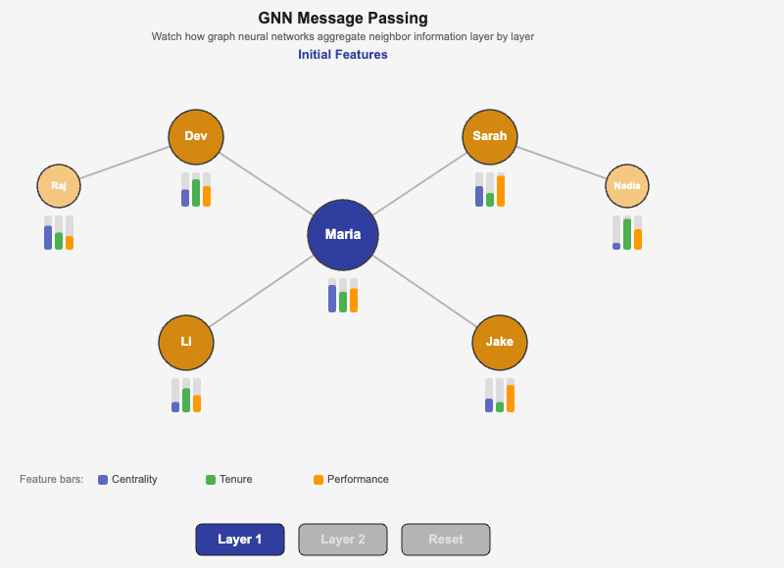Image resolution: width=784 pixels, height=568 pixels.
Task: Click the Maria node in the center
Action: (343, 235)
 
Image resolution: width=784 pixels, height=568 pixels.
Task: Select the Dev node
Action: (196, 136)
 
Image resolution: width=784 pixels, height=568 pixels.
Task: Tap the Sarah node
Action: (490, 136)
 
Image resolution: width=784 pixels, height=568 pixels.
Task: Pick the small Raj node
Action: (59, 185)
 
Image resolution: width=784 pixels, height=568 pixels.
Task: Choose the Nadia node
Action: (627, 185)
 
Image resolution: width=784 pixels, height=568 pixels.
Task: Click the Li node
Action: (186, 342)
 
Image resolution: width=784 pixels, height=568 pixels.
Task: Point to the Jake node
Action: (500, 342)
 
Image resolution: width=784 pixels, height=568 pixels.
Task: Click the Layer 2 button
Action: (343, 540)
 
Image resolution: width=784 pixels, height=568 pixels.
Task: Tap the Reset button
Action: (446, 540)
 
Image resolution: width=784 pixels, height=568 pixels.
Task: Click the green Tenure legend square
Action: (211, 480)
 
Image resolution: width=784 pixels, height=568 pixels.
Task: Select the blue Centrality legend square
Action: (103, 480)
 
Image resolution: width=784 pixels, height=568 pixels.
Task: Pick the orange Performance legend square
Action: (318, 480)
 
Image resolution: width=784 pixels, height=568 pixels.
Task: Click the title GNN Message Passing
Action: (343, 18)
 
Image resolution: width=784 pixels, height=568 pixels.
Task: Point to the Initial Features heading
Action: (343, 55)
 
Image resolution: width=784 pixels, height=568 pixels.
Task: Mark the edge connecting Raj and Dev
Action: (124, 163)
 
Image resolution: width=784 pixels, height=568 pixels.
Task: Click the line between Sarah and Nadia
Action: (562, 162)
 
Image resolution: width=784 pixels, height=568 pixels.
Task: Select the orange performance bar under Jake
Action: (511, 399)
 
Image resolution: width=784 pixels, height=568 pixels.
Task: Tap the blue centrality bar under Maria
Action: (332, 299)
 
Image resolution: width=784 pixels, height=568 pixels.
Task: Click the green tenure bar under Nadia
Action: (627, 234)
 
